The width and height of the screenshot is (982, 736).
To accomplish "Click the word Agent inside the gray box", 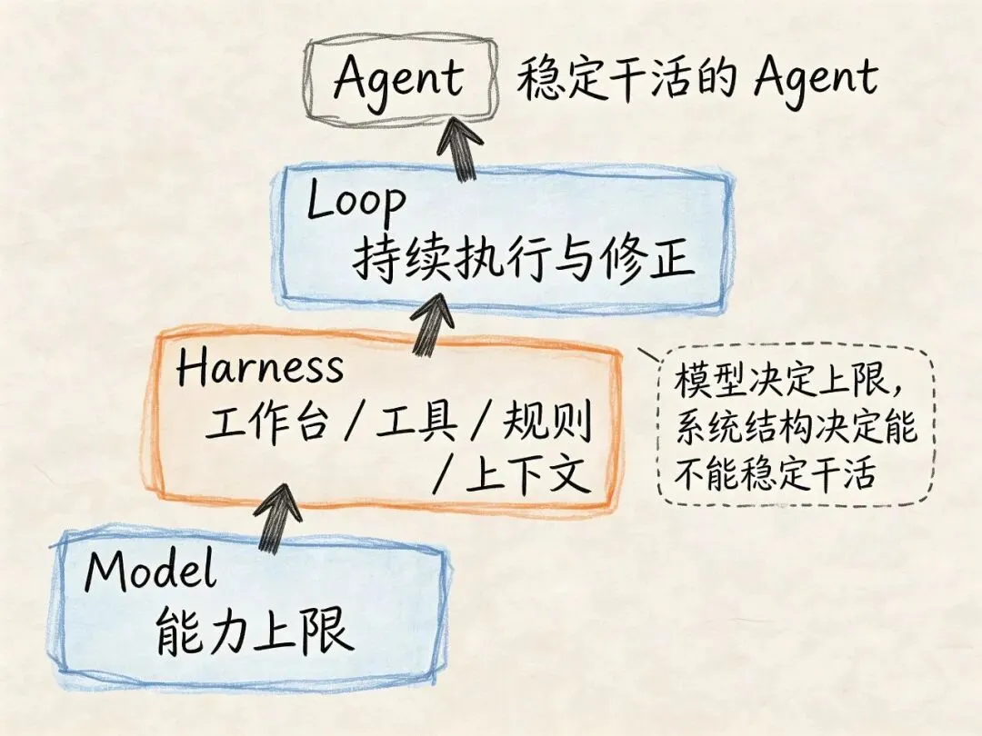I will (399, 80).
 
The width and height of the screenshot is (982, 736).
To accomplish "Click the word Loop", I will (356, 202).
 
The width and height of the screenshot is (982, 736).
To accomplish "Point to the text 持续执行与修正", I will (524, 260).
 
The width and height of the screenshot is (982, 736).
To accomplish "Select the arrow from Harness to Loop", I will (434, 323).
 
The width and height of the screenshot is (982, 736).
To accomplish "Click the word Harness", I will (260, 368).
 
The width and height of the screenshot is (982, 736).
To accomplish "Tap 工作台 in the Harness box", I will (266, 423).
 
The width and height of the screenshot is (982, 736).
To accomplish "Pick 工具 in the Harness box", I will (417, 423).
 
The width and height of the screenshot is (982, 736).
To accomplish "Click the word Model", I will (151, 572).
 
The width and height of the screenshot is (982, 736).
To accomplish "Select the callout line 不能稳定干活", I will (774, 473).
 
